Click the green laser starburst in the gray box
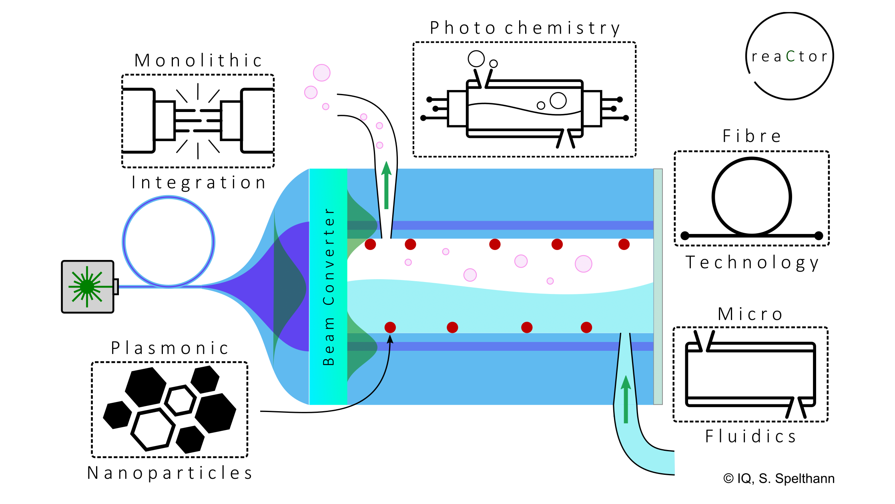[x=87, y=286]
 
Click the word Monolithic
[x=198, y=61]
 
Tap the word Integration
[x=199, y=183]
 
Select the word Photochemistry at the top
[x=525, y=28]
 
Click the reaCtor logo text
[x=789, y=56]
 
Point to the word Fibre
[x=751, y=136]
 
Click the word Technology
[x=752, y=263]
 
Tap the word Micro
[x=750, y=314]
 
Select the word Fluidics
[x=751, y=436]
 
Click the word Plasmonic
[x=170, y=348]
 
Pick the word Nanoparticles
[x=170, y=473]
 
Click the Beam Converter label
[x=329, y=286]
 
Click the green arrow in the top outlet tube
[x=386, y=185]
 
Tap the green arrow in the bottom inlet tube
[x=626, y=399]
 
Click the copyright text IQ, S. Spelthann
[x=779, y=478]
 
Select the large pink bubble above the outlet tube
[x=322, y=73]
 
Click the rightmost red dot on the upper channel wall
[x=624, y=244]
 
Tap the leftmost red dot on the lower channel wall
[x=390, y=328]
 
